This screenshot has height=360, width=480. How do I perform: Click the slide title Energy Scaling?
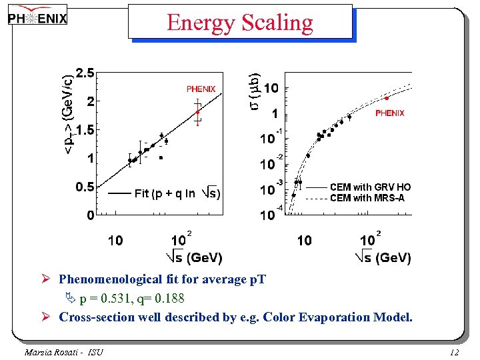point(240,23)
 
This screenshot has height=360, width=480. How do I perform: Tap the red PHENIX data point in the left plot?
point(197,113)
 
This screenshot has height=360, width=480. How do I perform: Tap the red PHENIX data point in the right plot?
point(387,98)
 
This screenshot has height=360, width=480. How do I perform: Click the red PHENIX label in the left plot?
point(201,89)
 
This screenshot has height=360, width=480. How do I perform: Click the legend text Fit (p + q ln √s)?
point(177,193)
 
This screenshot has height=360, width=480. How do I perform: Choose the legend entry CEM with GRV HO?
point(371,187)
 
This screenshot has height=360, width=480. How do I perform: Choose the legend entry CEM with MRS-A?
point(367,198)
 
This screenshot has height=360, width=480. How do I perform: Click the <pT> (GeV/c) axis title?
point(69,110)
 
